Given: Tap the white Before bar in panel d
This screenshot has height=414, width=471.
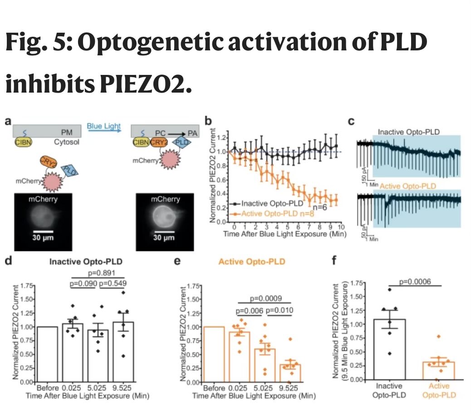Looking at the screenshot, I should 48,354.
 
